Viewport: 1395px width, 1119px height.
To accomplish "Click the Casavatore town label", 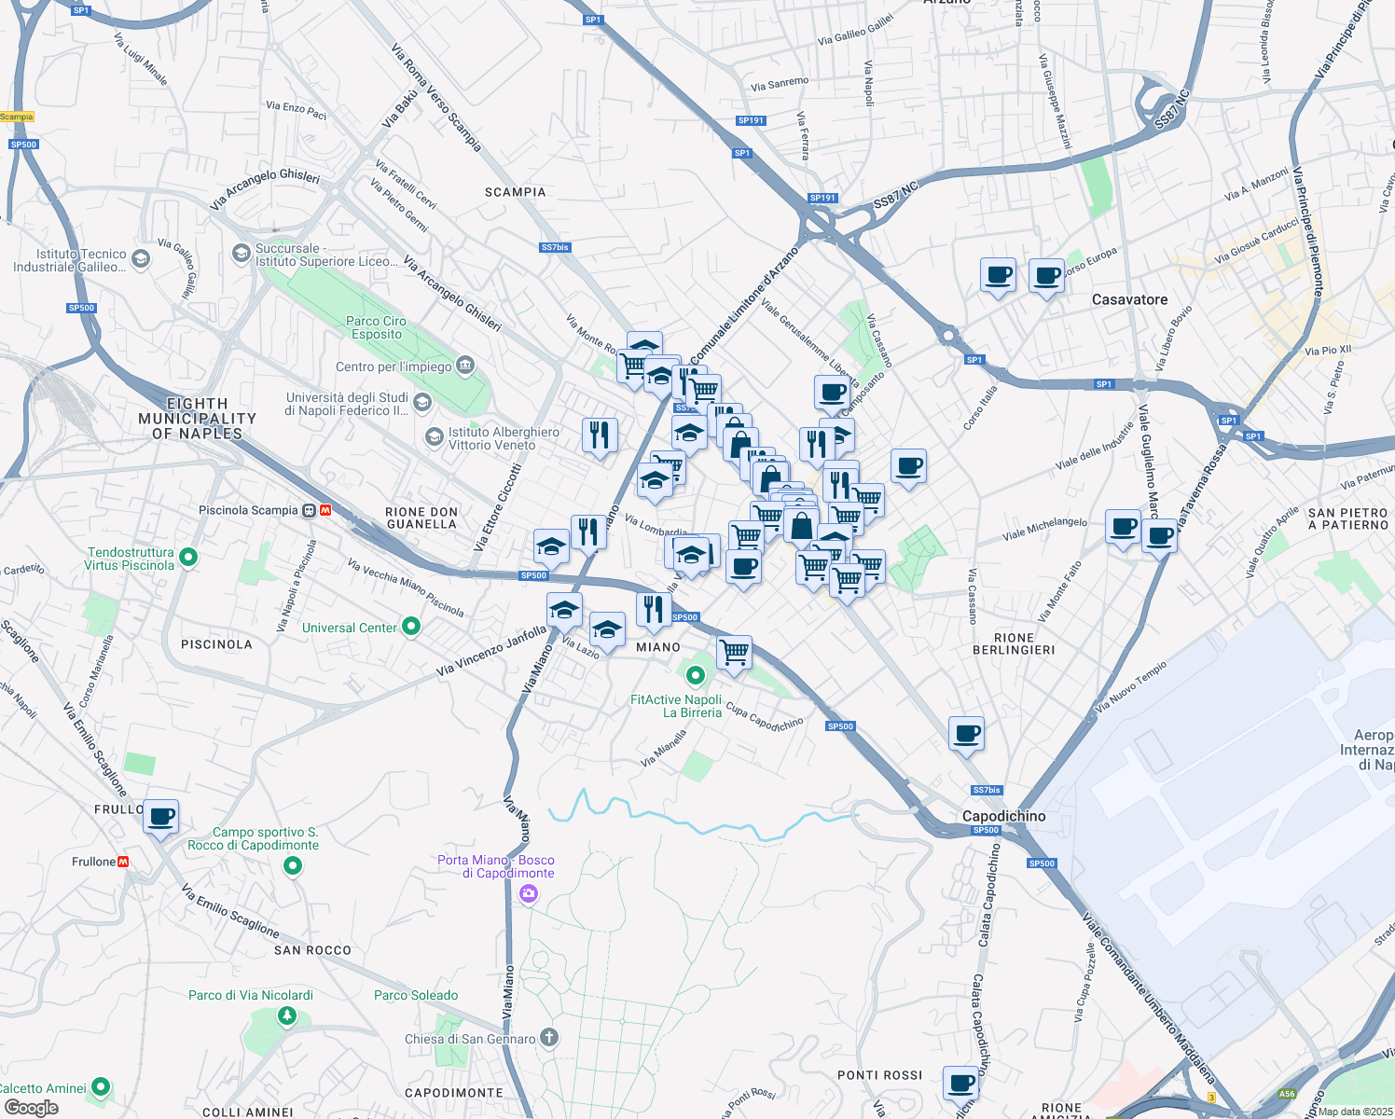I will [x=1129, y=299].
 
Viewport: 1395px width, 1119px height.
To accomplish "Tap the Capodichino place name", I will [x=1003, y=816].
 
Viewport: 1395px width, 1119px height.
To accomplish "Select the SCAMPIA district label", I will [x=515, y=192].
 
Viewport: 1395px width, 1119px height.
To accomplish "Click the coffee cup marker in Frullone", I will [x=161, y=817].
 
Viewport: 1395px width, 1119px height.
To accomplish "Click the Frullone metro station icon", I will [x=123, y=862].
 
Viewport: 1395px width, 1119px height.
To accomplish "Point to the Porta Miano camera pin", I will [x=529, y=894].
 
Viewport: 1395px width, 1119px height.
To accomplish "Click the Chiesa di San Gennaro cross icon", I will [x=549, y=1038].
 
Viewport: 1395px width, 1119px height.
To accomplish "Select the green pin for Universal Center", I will [x=411, y=627].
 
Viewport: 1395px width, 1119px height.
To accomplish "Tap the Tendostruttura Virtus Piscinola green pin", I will [x=188, y=558].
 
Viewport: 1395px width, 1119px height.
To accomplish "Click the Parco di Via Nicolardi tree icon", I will [x=287, y=1015].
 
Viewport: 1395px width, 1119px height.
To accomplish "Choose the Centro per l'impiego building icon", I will [x=465, y=365].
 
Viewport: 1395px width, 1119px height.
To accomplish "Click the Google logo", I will [x=31, y=1108].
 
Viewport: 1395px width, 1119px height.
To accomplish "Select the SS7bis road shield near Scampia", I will [x=555, y=247].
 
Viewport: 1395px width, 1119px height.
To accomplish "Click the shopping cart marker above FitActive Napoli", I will [x=734, y=651].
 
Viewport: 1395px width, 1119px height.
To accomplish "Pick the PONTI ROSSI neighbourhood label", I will [x=879, y=1075].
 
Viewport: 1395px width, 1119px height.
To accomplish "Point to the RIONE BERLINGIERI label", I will [x=1014, y=643].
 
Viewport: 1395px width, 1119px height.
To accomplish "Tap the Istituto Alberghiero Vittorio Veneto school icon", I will [x=434, y=436].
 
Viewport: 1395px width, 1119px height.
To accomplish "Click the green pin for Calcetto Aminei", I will [x=101, y=1086].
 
